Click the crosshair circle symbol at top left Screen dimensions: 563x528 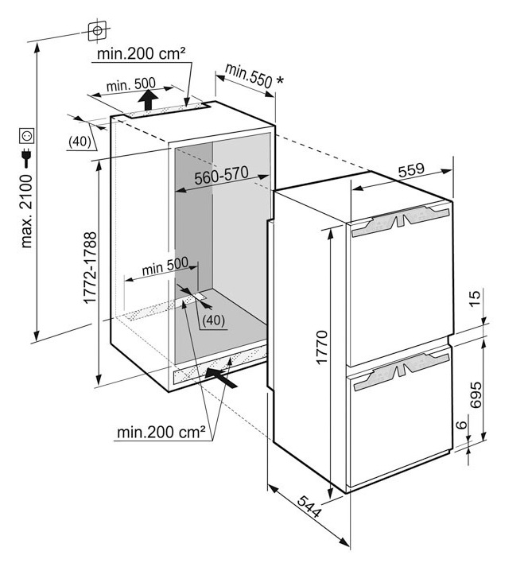point(96,30)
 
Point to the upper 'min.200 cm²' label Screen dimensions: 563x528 point(141,54)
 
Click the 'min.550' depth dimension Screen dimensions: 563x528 point(249,76)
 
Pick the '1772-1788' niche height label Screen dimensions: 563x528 point(90,271)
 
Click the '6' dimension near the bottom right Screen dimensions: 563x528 point(462,426)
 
